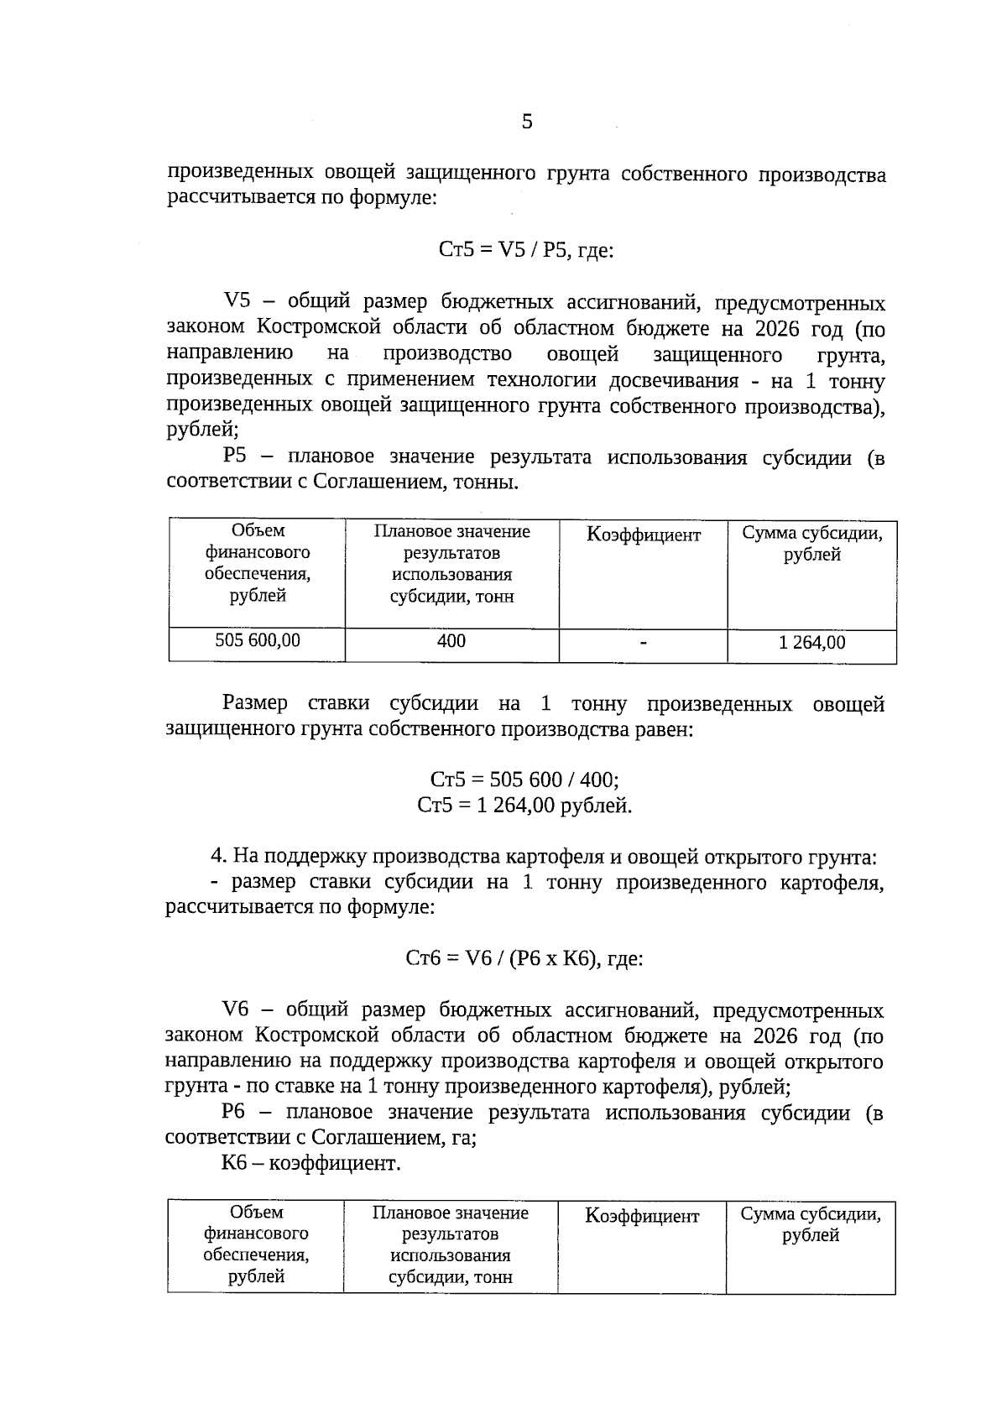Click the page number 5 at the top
pos(526,122)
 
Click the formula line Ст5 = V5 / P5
pos(525,250)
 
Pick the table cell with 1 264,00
pos(811,644)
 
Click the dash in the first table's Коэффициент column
pos(643,644)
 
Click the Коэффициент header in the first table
pos(643,535)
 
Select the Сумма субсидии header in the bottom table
pos(811,1225)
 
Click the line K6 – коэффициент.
pos(311,1164)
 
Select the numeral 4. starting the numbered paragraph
pos(219,857)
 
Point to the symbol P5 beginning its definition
pos(236,457)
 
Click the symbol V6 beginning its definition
pos(236,1009)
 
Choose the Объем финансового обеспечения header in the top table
pos(257,563)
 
